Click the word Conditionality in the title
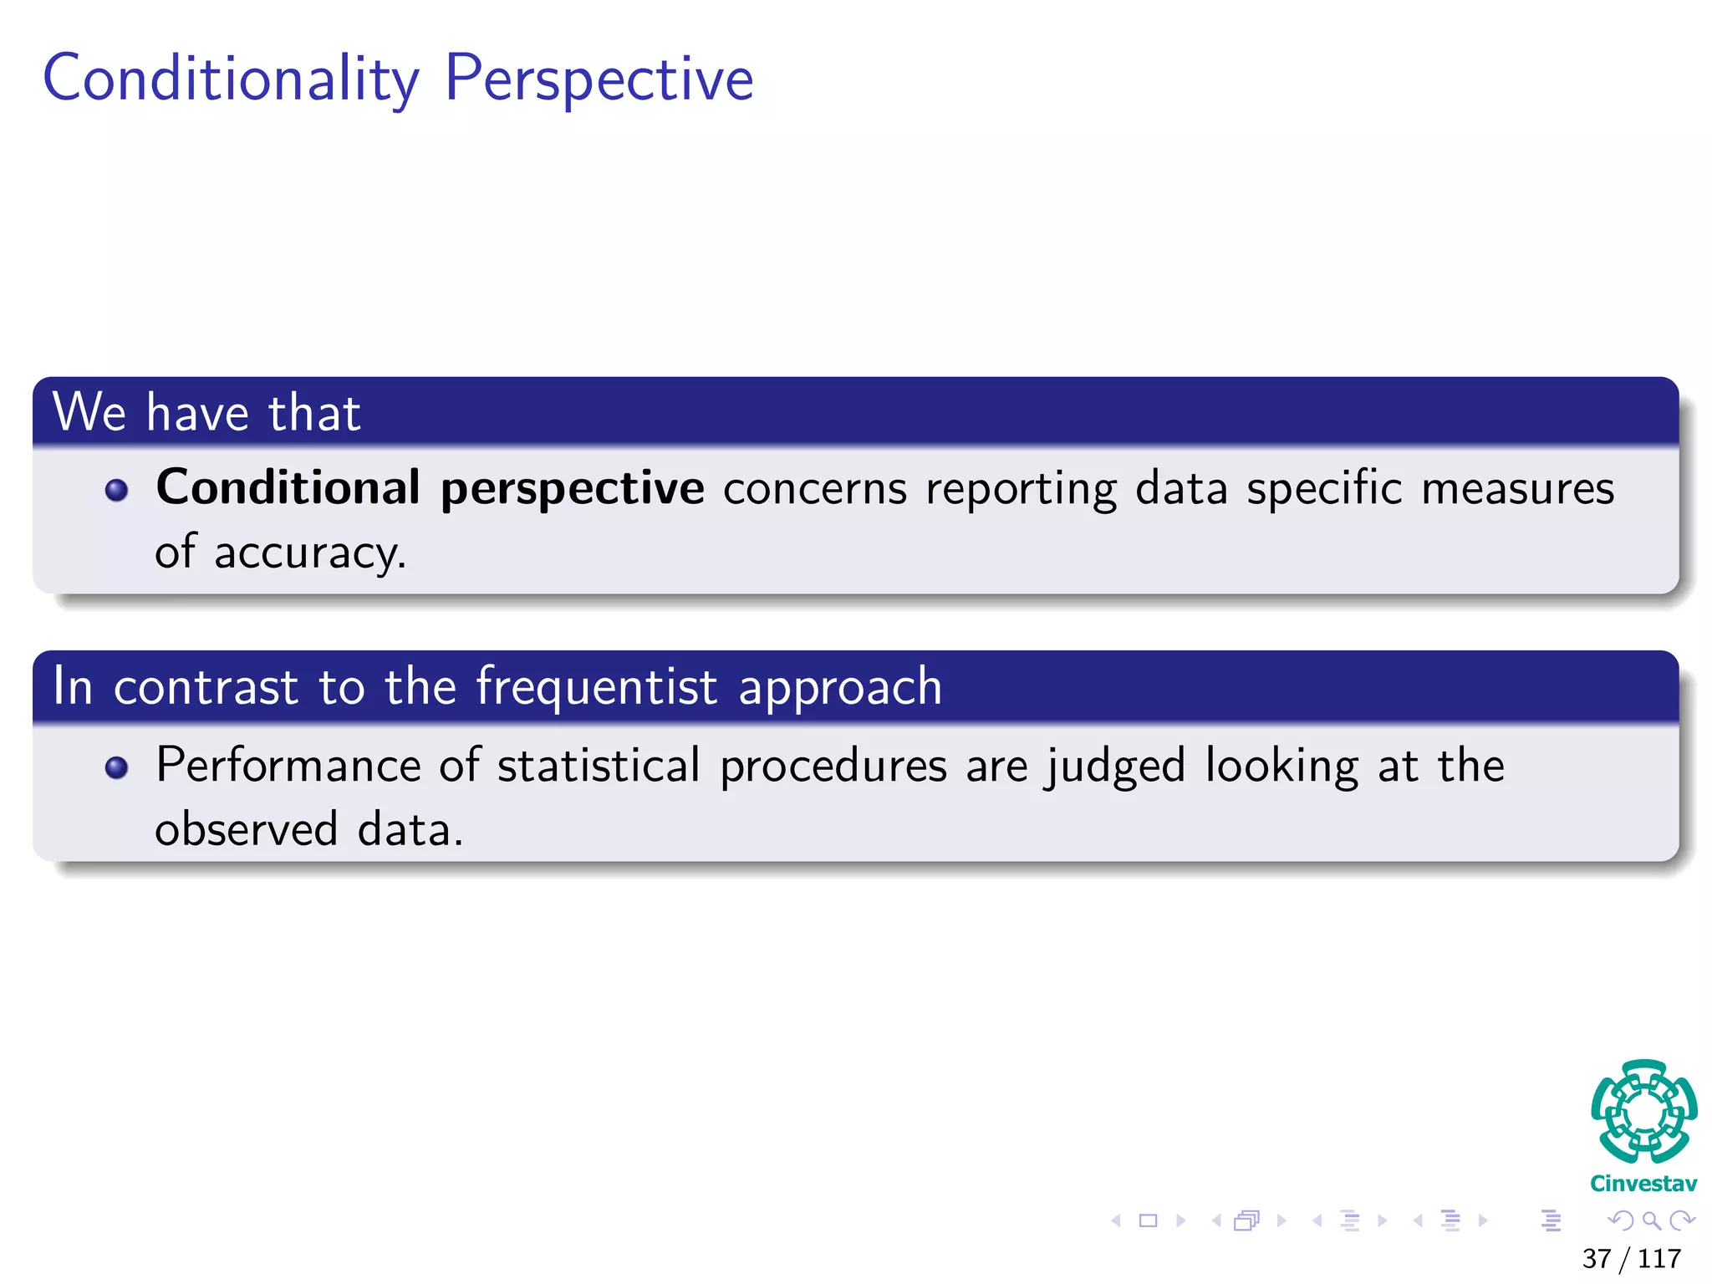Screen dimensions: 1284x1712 231,79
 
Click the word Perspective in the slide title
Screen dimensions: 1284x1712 599,79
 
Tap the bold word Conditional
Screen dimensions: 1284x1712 288,487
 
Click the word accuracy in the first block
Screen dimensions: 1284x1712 309,553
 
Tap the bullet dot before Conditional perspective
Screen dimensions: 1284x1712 117,490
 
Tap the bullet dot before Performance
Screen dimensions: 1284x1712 117,767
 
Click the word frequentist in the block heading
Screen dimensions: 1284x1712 596,687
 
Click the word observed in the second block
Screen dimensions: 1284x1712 247,830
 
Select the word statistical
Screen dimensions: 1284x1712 598,766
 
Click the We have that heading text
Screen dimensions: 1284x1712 206,412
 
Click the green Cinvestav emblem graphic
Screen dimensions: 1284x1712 1643,1112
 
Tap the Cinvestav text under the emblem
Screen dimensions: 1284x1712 1643,1184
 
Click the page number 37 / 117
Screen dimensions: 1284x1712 1631,1258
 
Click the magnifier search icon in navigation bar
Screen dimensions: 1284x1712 1651,1220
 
